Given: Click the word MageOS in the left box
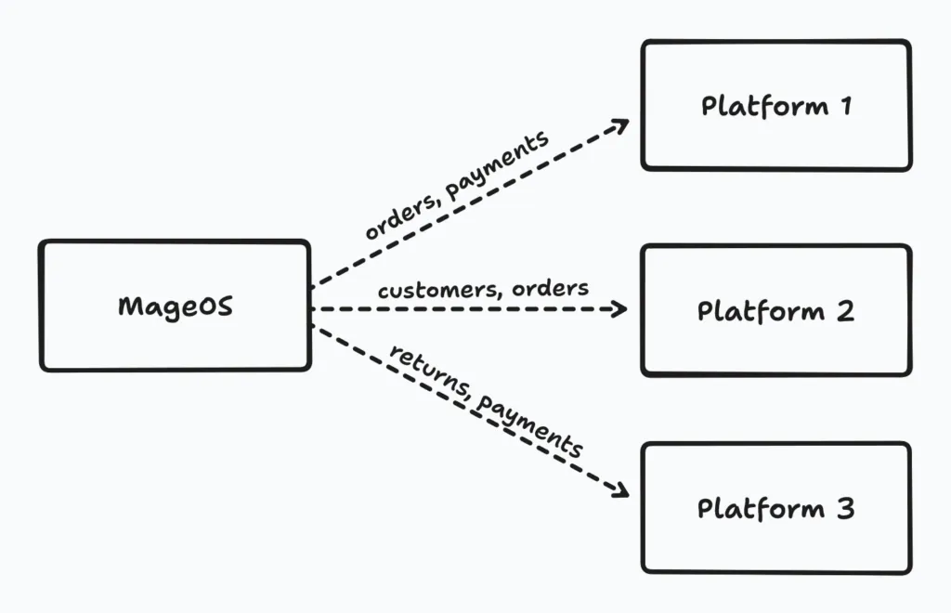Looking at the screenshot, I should pyautogui.click(x=175, y=306).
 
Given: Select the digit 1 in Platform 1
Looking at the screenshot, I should pyautogui.click(x=845, y=106).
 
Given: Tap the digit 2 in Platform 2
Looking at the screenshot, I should pyautogui.click(x=843, y=310).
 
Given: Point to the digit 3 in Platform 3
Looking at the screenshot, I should pyautogui.click(x=843, y=509).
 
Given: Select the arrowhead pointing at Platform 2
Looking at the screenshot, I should pyautogui.click(x=620, y=309).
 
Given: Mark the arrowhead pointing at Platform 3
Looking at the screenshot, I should pyautogui.click(x=620, y=489).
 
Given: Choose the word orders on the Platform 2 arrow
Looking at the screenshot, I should pyautogui.click(x=554, y=288).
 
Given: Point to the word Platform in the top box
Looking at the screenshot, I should pyautogui.click(x=764, y=106).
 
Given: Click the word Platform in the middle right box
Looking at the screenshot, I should pyautogui.click(x=761, y=310).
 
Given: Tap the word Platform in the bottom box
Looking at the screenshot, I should pyautogui.click(x=761, y=509).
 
